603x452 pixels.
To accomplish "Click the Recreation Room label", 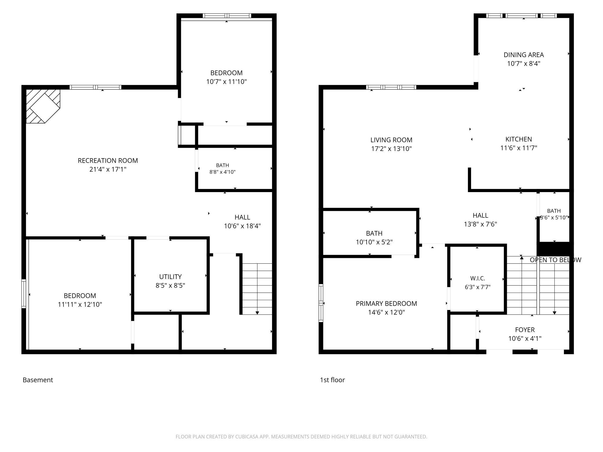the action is point(108,161).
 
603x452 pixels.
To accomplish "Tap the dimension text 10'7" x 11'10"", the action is point(226,82).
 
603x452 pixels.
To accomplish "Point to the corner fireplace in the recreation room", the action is point(43,106).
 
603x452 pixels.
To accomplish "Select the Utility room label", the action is point(170,277).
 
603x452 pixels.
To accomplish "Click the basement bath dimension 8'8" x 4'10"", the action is point(222,172).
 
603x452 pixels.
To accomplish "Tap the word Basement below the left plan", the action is point(38,380).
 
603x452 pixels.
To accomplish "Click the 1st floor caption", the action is point(332,380).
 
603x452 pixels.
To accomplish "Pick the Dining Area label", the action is point(524,55).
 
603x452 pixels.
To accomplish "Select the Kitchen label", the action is point(519,139).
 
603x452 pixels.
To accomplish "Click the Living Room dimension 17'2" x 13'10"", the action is point(391,149).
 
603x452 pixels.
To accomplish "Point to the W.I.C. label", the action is point(477,278).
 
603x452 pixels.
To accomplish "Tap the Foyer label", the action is point(525,330).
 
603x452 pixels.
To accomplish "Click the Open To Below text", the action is point(555,260).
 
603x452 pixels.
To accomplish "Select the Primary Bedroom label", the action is point(386,303).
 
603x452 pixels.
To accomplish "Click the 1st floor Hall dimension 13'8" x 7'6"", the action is point(480,224).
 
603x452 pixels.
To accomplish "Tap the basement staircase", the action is point(257,289).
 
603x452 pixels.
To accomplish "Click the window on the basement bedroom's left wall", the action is point(24,293).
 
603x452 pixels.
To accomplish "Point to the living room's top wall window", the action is point(391,87).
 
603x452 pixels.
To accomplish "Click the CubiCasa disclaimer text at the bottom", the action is point(301,437).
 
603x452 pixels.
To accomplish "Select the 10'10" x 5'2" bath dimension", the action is point(374,242).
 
